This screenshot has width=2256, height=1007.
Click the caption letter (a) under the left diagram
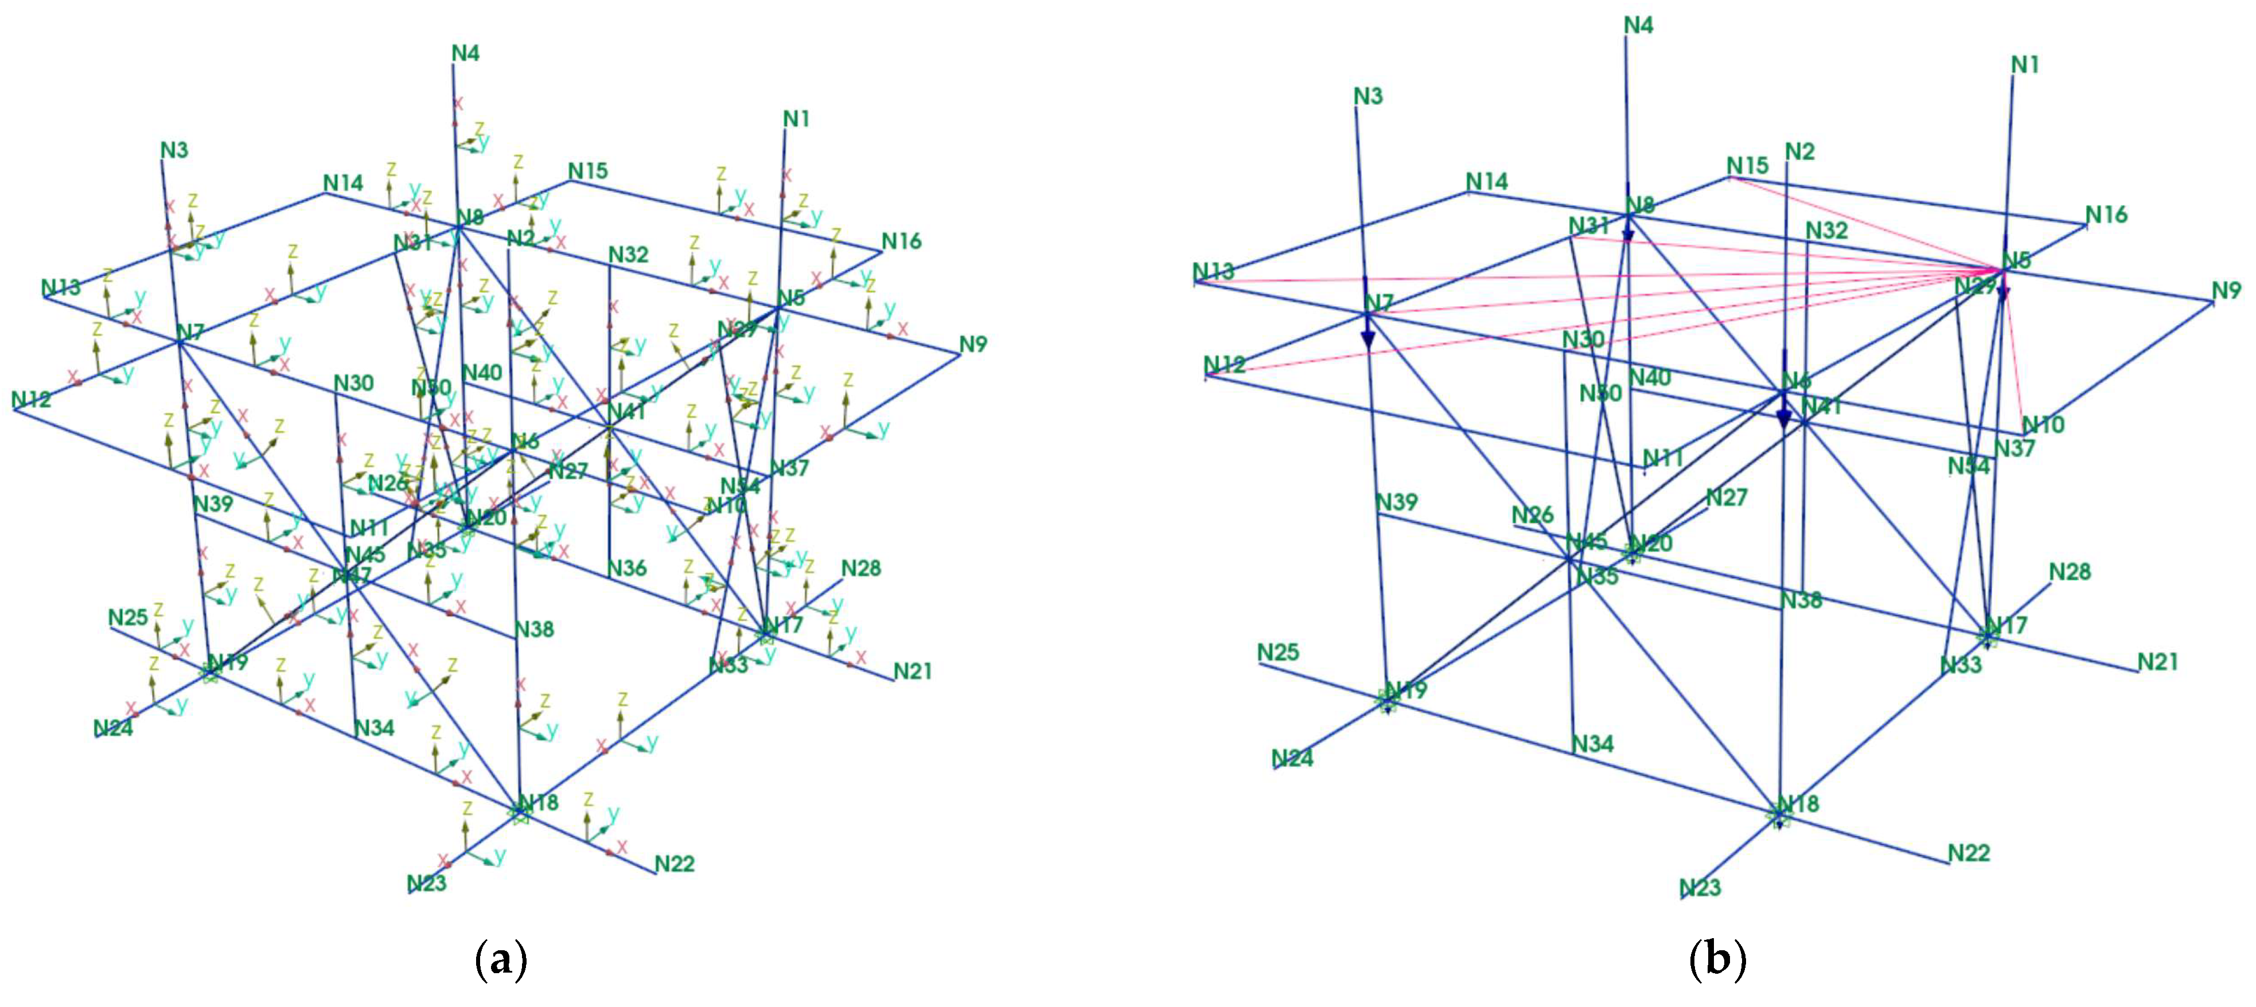[500, 960]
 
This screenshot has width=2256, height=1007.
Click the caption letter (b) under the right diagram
[1716, 960]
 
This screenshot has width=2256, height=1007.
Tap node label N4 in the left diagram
[466, 53]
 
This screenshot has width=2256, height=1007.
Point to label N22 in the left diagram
[675, 864]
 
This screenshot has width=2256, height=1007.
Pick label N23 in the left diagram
[427, 883]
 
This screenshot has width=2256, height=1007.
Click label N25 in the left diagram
[128, 618]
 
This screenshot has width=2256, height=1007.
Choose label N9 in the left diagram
[973, 344]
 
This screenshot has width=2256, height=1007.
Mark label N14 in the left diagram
[343, 182]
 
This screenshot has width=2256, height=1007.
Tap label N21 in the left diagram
[913, 671]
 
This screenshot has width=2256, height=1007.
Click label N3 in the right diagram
[1368, 96]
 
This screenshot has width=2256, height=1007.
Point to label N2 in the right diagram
[1800, 151]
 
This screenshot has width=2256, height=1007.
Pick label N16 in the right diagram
[2106, 214]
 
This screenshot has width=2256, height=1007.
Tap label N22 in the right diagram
[1969, 853]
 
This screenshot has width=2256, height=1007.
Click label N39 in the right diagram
[1397, 502]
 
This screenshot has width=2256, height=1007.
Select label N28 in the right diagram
[2070, 572]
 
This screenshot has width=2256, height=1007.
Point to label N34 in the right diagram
[1592, 743]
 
